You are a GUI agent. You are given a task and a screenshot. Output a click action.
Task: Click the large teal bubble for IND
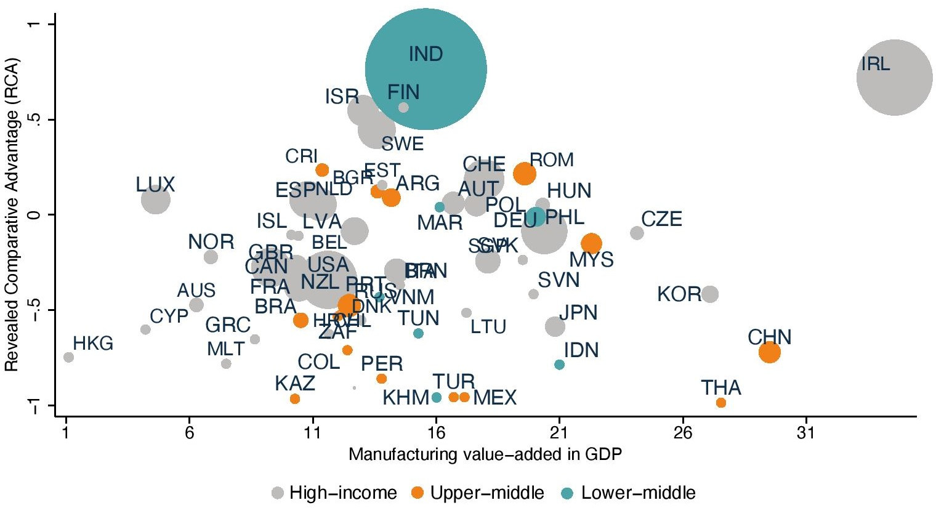426,69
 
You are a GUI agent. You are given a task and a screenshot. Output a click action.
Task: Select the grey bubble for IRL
894,78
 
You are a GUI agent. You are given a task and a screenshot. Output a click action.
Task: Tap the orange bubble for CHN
769,352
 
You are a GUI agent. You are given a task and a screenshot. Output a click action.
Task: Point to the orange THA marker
721,403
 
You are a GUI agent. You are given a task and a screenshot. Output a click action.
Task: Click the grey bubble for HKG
68,357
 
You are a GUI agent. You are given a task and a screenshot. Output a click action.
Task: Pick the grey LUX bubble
156,200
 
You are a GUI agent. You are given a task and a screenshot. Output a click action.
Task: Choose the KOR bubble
710,294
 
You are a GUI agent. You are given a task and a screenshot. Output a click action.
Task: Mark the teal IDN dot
559,365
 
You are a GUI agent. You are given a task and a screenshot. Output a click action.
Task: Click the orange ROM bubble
524,174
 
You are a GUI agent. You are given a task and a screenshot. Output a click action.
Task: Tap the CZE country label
661,219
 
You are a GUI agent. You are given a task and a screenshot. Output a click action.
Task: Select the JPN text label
578,312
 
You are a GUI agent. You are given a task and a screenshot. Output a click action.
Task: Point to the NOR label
211,242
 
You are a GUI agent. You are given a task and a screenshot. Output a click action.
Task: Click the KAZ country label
295,384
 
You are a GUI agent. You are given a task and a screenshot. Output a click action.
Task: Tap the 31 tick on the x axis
805,433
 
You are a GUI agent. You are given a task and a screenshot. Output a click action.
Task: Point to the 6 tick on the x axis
190,433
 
